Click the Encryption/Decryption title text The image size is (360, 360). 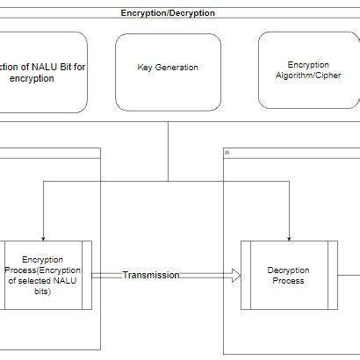point(168,13)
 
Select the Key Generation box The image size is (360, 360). point(168,72)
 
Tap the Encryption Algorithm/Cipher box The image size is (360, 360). point(308,70)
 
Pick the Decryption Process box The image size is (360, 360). point(289,275)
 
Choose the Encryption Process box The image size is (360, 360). point(46,275)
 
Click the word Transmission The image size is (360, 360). point(151,275)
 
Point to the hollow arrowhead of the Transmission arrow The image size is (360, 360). point(236,276)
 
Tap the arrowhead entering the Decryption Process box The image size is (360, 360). point(289,239)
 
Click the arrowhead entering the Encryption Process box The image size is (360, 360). point(43,239)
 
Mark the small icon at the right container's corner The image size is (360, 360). point(227,153)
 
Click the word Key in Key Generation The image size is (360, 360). point(145,68)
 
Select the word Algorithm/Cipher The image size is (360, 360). point(308,76)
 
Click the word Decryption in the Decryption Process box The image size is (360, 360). point(288,270)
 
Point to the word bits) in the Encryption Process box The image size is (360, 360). point(43,292)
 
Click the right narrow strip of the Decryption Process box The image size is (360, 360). point(333,275)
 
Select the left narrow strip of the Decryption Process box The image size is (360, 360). point(246,275)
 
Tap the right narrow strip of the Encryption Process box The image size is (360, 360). point(87,275)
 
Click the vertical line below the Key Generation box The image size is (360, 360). point(168,152)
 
